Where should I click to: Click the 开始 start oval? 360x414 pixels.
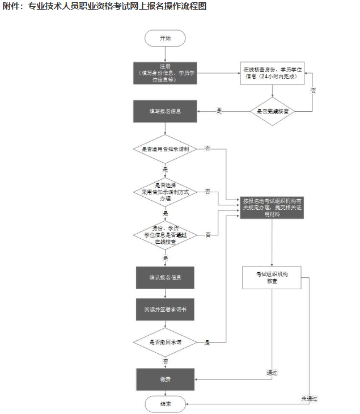165,38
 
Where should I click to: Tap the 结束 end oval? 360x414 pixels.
165,404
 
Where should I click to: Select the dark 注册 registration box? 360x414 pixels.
165,73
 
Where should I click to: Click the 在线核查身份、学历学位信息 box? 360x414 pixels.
273,73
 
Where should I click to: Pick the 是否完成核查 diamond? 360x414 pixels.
273,111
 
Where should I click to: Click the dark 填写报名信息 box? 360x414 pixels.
165,111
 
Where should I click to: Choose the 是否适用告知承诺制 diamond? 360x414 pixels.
165,149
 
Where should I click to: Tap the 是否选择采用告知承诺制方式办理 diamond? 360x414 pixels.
165,192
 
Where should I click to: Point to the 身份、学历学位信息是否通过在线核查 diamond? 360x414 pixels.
165,235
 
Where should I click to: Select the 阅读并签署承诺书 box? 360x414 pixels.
165,310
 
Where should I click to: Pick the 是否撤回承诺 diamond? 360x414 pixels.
165,343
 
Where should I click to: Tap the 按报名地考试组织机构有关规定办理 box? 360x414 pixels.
273,208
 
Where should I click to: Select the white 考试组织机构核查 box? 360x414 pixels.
273,277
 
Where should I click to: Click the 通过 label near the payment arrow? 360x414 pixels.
272,373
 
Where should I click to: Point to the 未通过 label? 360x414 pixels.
309,399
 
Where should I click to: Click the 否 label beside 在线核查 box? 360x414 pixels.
314,90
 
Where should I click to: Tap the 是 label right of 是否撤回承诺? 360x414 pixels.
207,343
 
